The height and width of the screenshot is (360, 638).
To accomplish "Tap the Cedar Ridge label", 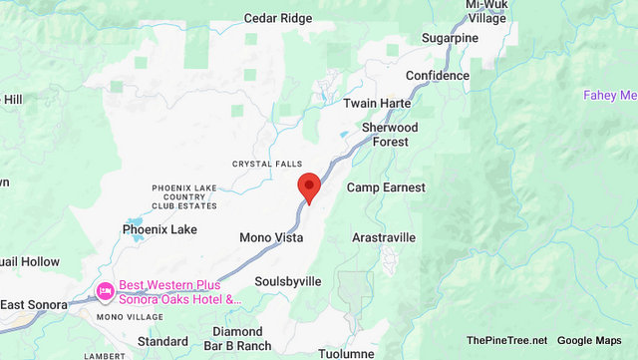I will click(278, 18).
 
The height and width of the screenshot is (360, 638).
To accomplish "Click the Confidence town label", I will click(437, 76).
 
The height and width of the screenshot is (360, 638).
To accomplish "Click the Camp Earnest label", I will click(386, 187).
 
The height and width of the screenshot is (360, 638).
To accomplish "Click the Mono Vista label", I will click(271, 237).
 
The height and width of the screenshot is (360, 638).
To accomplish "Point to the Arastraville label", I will click(384, 237).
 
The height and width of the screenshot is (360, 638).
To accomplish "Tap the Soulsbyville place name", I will click(288, 281).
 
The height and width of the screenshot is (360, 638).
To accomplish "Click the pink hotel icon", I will click(104, 291).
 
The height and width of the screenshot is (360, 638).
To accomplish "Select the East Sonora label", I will click(34, 304).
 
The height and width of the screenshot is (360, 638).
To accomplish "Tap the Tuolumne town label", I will click(346, 353).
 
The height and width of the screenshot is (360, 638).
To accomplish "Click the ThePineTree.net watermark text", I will click(505, 341).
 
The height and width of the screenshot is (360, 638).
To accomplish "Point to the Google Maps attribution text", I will click(589, 341).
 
